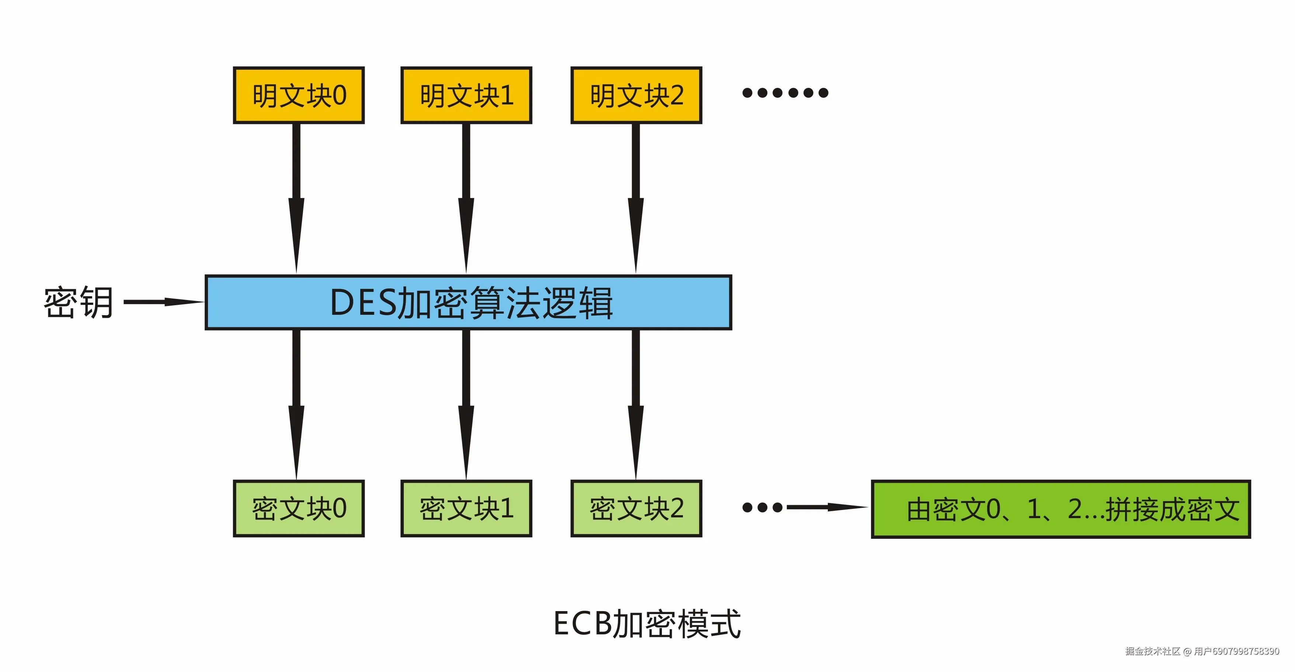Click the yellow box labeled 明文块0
pyautogui.click(x=299, y=95)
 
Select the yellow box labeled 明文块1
pyautogui.click(x=466, y=95)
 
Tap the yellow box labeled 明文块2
pyautogui.click(x=636, y=95)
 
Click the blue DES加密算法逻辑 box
pyautogui.click(x=468, y=302)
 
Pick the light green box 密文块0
pyautogui.click(x=299, y=508)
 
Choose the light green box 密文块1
pyautogui.click(x=466, y=508)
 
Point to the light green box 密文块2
pyautogui.click(x=636, y=508)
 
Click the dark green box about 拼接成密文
pyautogui.click(x=1061, y=509)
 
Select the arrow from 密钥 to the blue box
pyautogui.click(x=163, y=302)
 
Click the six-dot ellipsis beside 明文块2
pyautogui.click(x=785, y=93)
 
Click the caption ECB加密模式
pyautogui.click(x=647, y=624)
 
